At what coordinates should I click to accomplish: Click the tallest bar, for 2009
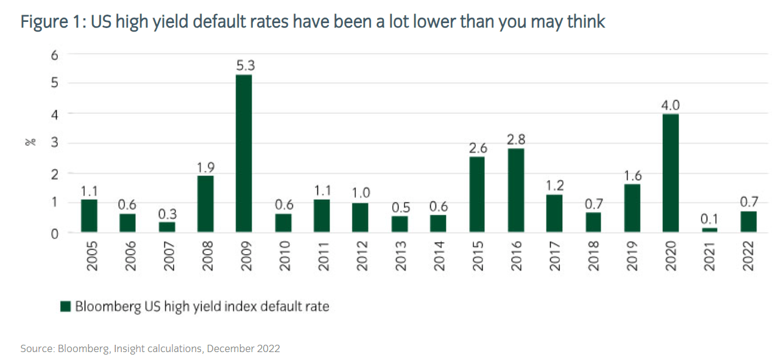[x=244, y=153]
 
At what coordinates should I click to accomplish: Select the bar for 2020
[x=671, y=173]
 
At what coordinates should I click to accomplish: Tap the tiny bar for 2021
[x=710, y=230]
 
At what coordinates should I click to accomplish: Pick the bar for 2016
[x=515, y=190]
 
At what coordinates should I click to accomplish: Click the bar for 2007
[x=166, y=227]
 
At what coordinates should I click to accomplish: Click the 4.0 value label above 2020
[x=671, y=105]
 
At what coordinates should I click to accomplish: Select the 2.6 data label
[x=478, y=147]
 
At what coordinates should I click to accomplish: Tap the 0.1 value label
[x=710, y=219]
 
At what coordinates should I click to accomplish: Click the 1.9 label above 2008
[x=206, y=167]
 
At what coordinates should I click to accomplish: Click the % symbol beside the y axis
[x=28, y=143]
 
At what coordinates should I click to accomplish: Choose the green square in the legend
[x=66, y=306]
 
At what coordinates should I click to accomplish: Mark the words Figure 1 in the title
[x=49, y=22]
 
